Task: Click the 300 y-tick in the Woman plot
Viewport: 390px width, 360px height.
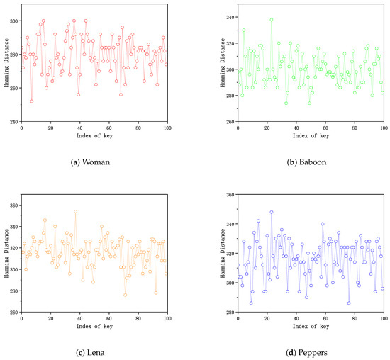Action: (x=13, y=21)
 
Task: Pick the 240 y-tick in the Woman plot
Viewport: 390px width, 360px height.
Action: (x=13, y=122)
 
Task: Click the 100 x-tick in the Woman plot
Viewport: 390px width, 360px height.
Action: (x=167, y=128)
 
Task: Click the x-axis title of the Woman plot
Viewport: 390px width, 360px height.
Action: (x=94, y=137)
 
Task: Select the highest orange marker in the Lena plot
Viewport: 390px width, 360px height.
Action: (x=75, y=211)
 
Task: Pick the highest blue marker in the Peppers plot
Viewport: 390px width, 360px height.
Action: (x=271, y=212)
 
